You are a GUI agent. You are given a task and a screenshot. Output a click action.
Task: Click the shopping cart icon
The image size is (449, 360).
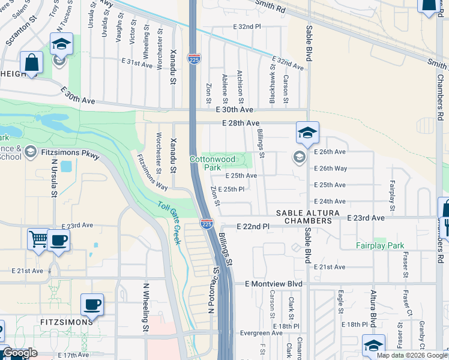38,239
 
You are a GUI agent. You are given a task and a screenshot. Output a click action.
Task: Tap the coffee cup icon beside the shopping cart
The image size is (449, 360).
59,239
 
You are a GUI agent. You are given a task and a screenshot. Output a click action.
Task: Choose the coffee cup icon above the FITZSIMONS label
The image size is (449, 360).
91,304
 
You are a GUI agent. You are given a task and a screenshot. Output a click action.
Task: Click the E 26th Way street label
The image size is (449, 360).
330,169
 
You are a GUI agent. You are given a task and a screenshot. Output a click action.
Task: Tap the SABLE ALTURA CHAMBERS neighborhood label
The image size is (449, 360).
304,217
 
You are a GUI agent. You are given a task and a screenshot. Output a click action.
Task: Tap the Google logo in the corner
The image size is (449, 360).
20,353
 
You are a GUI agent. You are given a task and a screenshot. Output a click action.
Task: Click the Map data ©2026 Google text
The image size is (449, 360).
412,355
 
